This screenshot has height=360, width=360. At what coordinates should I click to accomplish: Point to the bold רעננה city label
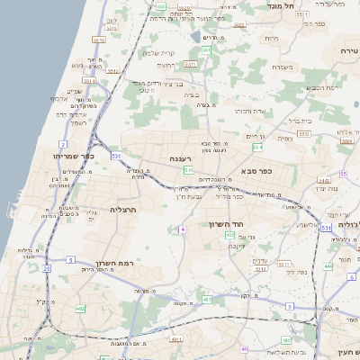point(183,158)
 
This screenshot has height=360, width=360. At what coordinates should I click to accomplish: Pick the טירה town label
point(349,51)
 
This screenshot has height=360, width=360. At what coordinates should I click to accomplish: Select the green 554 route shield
point(257,145)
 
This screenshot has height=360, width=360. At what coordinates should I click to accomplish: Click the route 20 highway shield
point(46,267)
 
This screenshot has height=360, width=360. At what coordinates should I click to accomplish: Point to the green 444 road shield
point(328,265)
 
